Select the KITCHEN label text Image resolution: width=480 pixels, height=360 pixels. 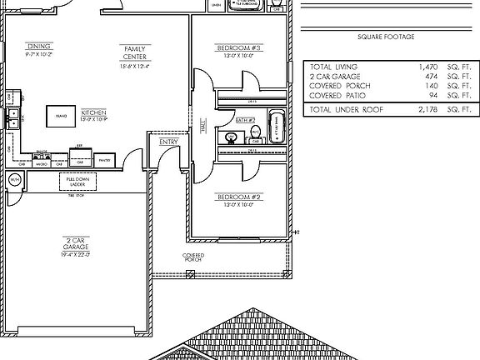click(x=94, y=112)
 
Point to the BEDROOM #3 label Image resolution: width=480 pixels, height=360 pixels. click(x=239, y=49)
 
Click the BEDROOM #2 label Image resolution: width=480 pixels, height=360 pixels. click(x=239, y=197)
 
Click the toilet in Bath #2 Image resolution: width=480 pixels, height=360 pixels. click(x=257, y=132)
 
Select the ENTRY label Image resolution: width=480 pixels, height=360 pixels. click(x=169, y=142)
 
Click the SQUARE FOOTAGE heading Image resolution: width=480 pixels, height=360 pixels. click(x=385, y=37)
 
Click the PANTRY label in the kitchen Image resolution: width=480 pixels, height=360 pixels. click(x=105, y=160)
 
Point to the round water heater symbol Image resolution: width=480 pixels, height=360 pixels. click(x=14, y=180)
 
